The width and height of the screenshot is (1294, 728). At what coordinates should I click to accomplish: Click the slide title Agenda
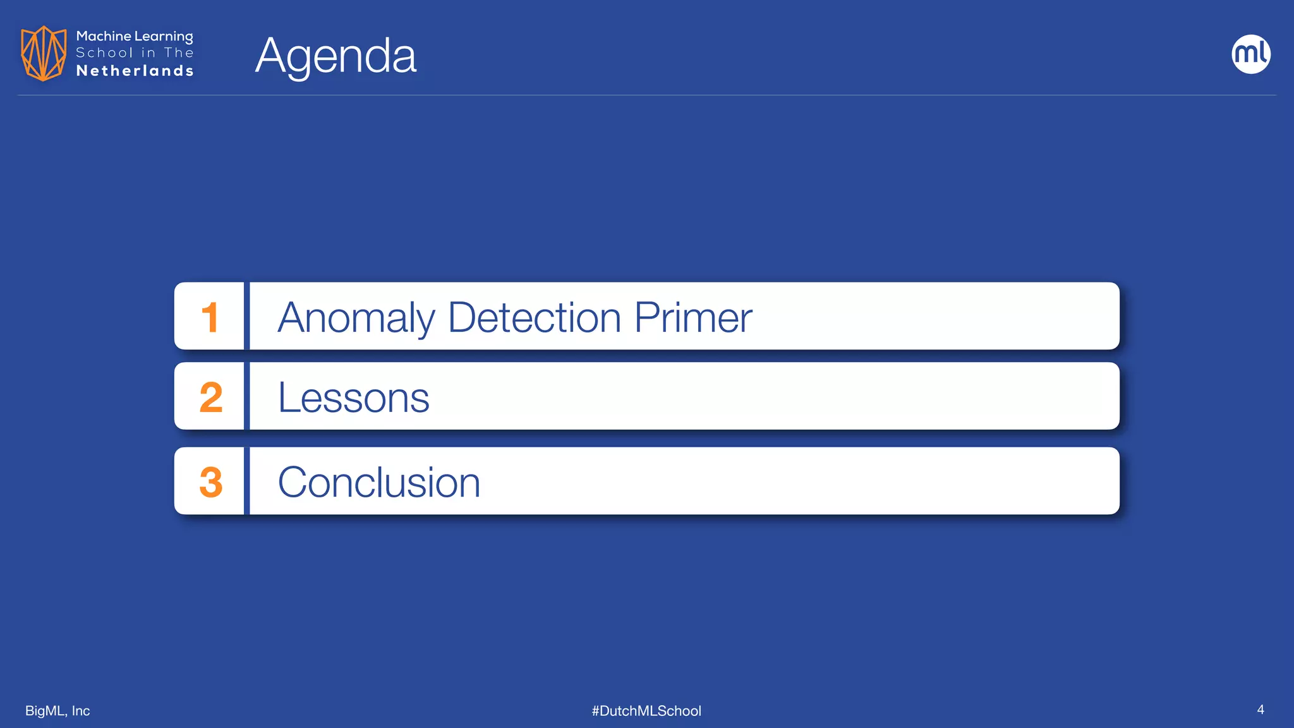click(x=336, y=56)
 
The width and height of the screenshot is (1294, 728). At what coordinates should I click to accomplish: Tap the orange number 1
click(x=210, y=317)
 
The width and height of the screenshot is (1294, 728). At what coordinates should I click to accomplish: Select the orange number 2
click(x=211, y=397)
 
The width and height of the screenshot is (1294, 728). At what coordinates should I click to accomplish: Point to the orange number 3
click(x=211, y=482)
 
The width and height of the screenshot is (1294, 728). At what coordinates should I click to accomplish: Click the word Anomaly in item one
click(x=356, y=317)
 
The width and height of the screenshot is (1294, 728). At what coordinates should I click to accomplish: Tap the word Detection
click(x=535, y=317)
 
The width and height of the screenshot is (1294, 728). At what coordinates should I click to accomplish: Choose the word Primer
click(x=693, y=317)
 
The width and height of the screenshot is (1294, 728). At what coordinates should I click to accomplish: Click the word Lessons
click(x=353, y=397)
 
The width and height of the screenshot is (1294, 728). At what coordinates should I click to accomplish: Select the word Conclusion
click(x=379, y=482)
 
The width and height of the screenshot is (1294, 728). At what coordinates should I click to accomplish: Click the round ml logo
click(x=1251, y=54)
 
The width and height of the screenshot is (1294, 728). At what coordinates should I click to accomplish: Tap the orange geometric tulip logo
click(x=44, y=53)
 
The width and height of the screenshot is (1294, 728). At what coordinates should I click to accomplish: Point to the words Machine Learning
click(x=135, y=37)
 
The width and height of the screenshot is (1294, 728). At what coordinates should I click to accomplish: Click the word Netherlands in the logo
click(x=135, y=71)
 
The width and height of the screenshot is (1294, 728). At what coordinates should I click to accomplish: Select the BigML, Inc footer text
click(x=57, y=711)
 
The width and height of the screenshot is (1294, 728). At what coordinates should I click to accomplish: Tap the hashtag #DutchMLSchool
click(x=646, y=711)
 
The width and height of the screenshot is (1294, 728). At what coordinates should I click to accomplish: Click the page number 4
click(x=1261, y=710)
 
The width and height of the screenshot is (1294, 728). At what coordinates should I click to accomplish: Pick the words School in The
click(x=135, y=53)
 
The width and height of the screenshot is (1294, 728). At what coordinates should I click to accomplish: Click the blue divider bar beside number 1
click(x=247, y=316)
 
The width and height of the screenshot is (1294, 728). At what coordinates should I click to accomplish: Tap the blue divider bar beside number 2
click(x=247, y=396)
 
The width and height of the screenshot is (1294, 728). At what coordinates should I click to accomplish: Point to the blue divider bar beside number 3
click(x=247, y=481)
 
